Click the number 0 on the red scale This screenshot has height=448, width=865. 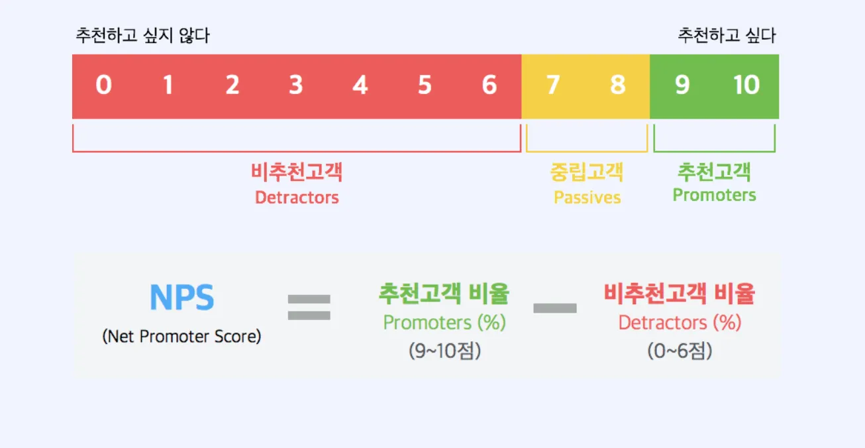point(103,85)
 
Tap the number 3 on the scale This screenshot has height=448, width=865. point(295,85)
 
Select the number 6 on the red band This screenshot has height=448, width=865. point(489,85)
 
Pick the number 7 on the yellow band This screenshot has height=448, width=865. point(552,85)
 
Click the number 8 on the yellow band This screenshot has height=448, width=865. point(617,85)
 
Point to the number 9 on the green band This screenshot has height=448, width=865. point(682,85)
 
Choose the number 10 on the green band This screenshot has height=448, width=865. point(746,85)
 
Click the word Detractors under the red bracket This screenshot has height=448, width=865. point(297,197)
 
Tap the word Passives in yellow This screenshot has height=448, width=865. point(587,197)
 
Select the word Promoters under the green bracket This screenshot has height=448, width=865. point(714,195)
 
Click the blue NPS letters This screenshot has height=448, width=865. point(181,298)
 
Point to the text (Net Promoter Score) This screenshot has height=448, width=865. point(181,337)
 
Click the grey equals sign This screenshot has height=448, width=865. point(309,307)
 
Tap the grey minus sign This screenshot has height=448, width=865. point(555,308)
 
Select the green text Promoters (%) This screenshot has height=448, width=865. point(444,323)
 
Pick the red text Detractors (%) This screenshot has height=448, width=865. point(680,323)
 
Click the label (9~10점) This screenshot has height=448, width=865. point(444,351)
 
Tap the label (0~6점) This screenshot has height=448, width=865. point(680,351)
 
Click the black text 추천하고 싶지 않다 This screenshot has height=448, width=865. point(142,35)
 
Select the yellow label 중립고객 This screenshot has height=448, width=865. point(587,172)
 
